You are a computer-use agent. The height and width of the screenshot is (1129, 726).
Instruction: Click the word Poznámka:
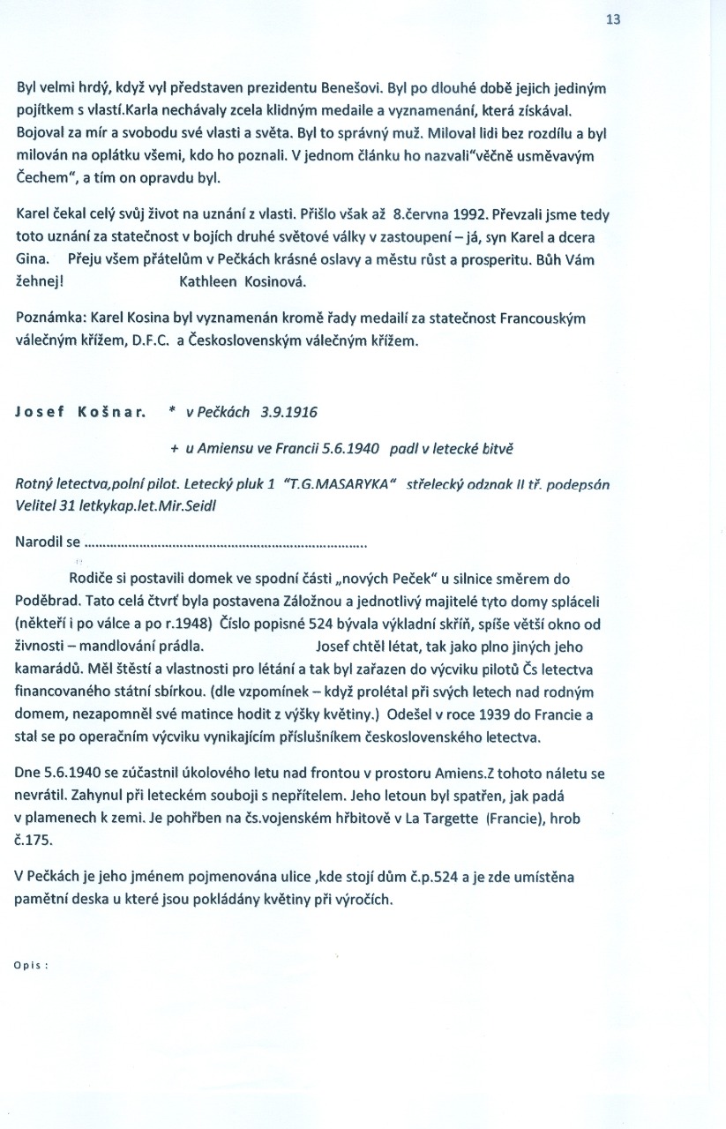click(50, 318)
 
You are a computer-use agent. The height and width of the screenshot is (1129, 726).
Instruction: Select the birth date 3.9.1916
click(290, 413)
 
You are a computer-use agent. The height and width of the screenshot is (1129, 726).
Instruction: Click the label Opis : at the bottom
click(31, 965)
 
